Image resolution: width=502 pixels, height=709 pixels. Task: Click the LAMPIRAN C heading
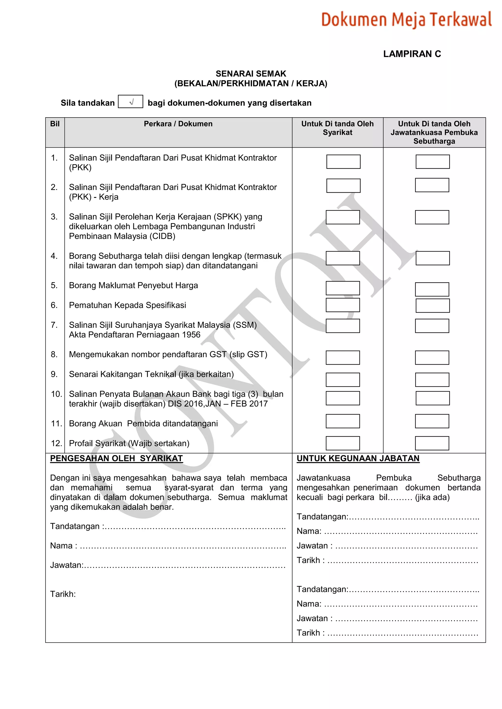coord(412,54)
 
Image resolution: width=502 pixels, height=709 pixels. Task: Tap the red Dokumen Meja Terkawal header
coord(406,19)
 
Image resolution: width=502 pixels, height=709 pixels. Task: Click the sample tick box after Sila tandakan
coord(130,102)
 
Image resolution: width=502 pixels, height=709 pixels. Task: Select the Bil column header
coord(55,124)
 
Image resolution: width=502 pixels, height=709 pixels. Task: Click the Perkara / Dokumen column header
coord(178,124)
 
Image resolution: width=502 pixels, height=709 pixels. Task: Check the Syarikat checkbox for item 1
coord(343,161)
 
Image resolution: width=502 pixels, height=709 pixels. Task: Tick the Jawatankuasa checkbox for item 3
coord(432,217)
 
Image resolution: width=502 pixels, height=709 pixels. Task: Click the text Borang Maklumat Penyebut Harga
coord(133,285)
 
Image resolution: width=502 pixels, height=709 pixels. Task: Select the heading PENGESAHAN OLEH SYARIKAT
coord(116,458)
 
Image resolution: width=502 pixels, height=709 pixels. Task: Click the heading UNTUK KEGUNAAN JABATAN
coord(358,458)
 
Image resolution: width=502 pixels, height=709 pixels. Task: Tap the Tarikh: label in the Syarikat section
coord(63,594)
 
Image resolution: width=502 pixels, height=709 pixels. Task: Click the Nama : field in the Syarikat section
coord(182,546)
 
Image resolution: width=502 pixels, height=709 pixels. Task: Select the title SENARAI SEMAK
coord(251,74)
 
